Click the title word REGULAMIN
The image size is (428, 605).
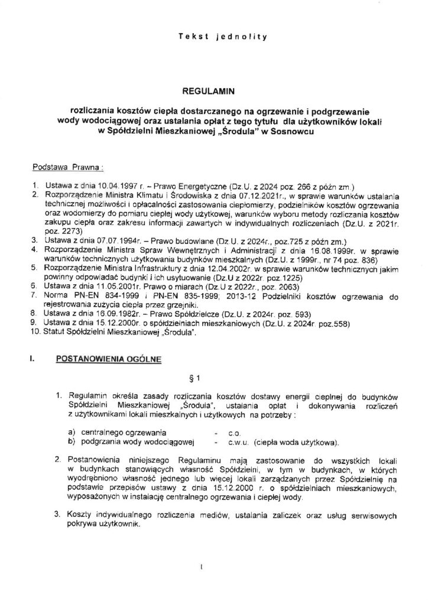[213, 92]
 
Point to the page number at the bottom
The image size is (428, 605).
[202, 570]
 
